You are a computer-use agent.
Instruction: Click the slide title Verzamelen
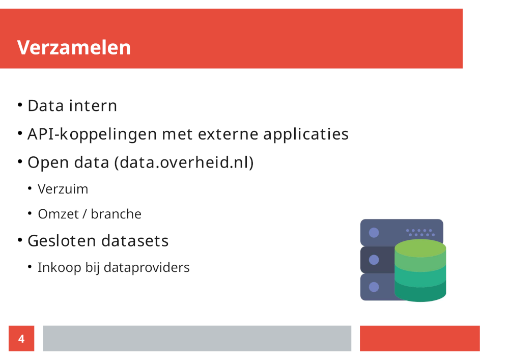tap(74, 48)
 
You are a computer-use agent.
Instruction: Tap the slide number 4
tap(21, 339)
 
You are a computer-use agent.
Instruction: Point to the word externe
tap(228, 134)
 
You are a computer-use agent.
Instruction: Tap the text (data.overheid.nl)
tap(184, 162)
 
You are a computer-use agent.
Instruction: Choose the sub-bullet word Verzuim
tap(63, 189)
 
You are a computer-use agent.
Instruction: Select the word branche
tap(116, 214)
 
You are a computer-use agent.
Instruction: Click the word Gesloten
tap(62, 241)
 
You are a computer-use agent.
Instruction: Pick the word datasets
tap(135, 241)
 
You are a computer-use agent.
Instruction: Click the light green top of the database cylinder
tap(420, 248)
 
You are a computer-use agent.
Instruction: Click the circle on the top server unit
tap(374, 233)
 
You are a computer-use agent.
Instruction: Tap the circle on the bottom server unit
tap(374, 287)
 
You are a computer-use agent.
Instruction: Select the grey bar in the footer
tap(197, 339)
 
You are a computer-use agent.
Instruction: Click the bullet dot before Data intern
tap(20, 105)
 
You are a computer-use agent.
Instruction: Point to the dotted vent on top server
tap(420, 232)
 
